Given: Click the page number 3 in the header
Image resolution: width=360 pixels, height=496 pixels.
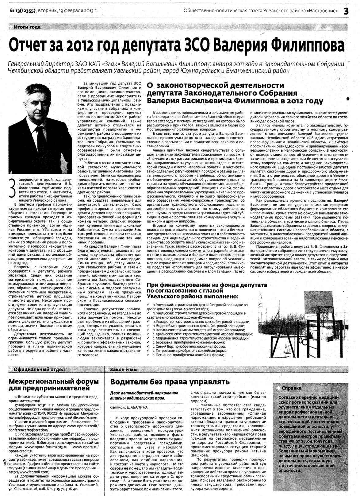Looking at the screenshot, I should coord(346,11).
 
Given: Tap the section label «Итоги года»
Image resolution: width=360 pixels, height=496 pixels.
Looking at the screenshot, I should coord(27,27).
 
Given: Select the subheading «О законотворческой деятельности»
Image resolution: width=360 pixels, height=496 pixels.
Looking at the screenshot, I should coord(216,85).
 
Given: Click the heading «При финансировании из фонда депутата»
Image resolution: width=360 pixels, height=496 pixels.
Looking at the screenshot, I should coord(207,285).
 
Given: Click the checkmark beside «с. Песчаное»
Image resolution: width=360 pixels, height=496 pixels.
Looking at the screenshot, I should coord(148,355).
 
